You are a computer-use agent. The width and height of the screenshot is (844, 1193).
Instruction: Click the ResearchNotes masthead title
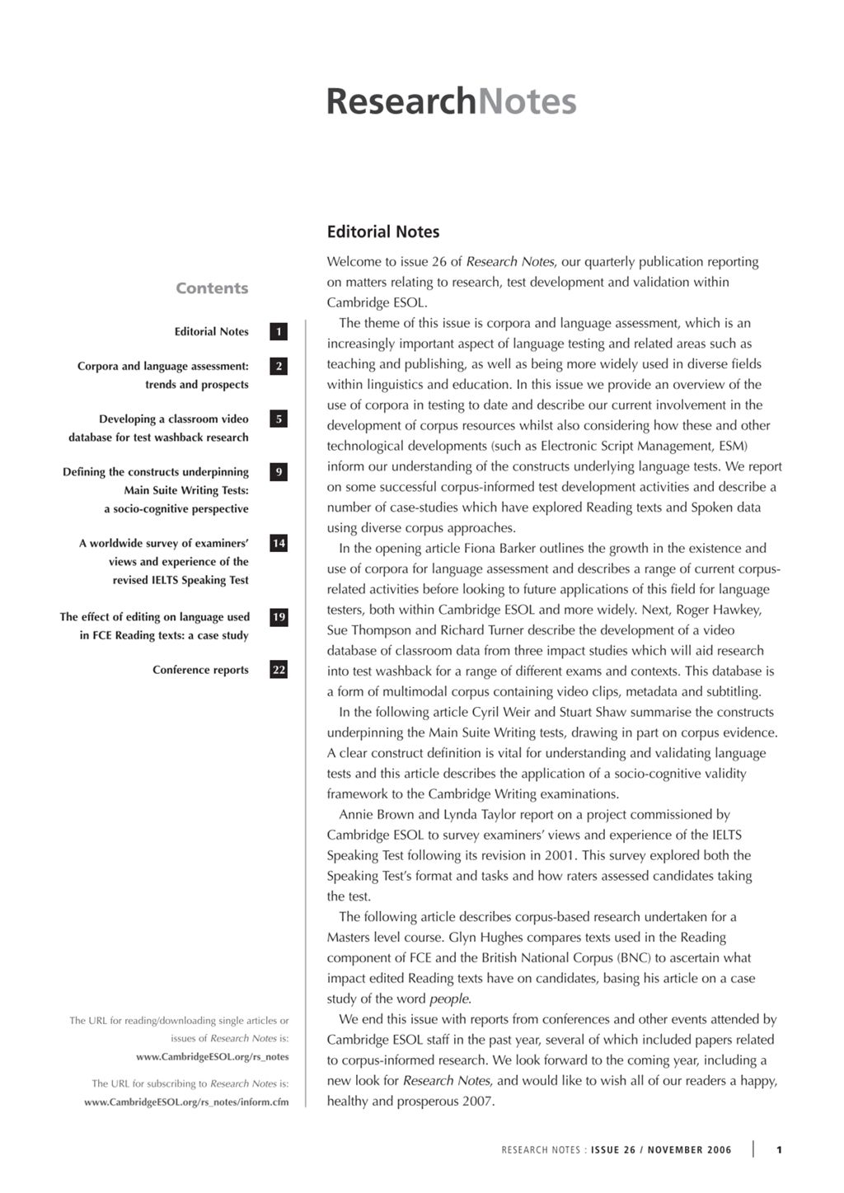[x=451, y=101]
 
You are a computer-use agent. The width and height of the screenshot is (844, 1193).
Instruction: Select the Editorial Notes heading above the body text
[x=383, y=232]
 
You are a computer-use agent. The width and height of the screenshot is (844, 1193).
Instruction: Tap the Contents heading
[x=212, y=288]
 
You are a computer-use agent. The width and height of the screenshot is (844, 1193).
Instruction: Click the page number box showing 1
[x=279, y=332]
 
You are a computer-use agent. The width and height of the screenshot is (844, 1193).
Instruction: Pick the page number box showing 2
[x=279, y=366]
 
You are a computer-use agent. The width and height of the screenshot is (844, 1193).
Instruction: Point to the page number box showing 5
[x=279, y=419]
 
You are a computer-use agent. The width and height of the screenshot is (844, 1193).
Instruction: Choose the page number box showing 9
[x=279, y=472]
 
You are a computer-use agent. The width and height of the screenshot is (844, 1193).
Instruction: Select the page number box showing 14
[x=279, y=543]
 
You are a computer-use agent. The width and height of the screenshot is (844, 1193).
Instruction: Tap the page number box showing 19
[x=279, y=617]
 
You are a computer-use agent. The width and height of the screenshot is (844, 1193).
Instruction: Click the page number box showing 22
[x=279, y=670]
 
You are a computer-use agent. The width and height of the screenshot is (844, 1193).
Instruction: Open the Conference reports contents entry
[x=200, y=670]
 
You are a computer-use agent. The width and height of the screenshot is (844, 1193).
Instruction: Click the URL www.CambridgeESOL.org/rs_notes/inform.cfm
[x=186, y=1102]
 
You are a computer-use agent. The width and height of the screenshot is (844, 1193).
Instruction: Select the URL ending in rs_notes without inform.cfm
[x=212, y=1057]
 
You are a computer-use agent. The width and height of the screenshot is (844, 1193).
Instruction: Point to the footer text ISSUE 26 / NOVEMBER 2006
[x=661, y=1150]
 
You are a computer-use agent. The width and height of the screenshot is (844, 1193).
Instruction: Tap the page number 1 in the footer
[x=779, y=1150]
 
